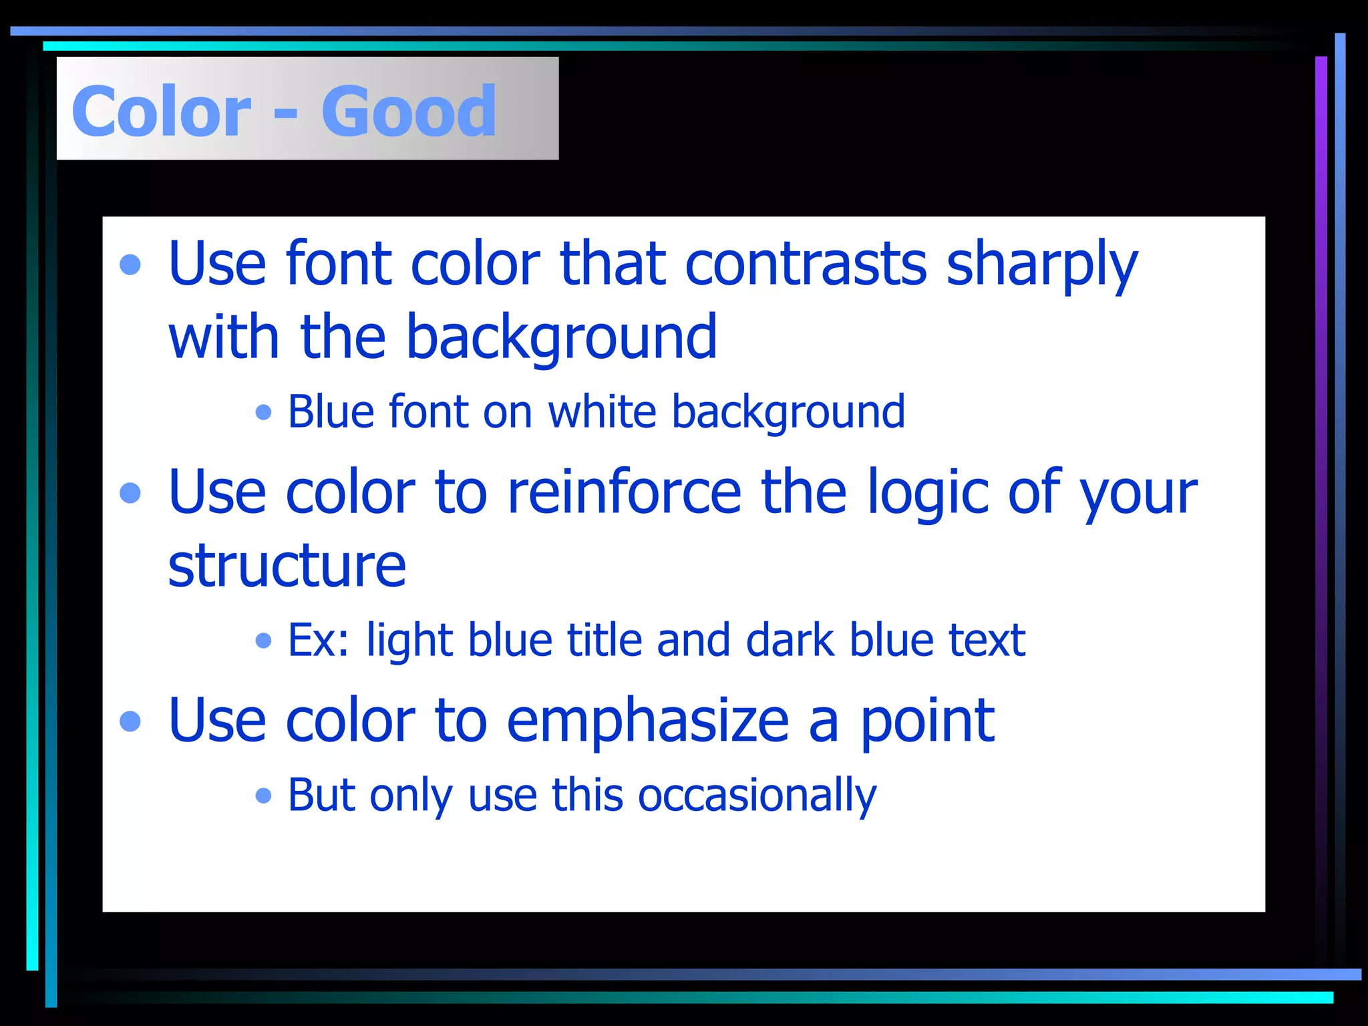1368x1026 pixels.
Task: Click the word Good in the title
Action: click(409, 111)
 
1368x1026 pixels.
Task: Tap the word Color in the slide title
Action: click(161, 111)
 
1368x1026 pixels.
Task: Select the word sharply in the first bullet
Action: click(1042, 265)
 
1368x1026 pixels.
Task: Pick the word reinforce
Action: click(624, 492)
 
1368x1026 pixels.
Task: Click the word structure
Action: click(287, 565)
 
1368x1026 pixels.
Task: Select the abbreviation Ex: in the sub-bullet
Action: click(318, 640)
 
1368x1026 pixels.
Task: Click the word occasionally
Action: click(757, 796)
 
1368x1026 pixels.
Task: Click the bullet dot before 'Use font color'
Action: click(130, 265)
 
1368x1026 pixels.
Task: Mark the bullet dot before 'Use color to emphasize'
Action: click(130, 721)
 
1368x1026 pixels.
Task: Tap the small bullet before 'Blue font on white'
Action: click(264, 412)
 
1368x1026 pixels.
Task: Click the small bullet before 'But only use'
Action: click(264, 796)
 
